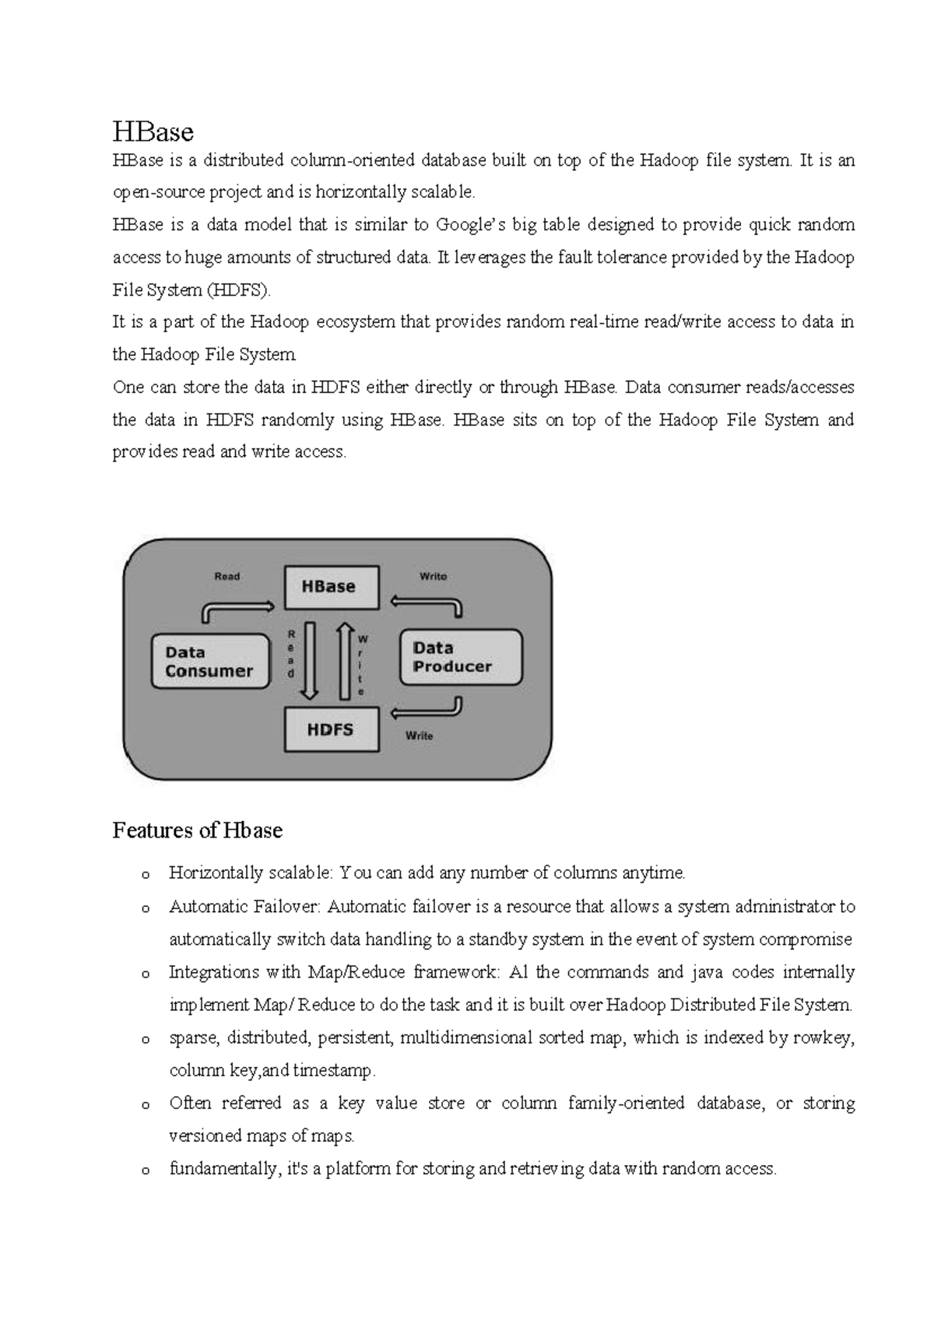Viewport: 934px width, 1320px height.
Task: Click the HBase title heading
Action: pyautogui.click(x=153, y=132)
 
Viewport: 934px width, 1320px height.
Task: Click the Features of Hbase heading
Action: pyautogui.click(x=197, y=830)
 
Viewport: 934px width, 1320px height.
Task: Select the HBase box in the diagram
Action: pyautogui.click(x=331, y=587)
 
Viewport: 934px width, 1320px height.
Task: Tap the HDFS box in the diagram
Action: pyautogui.click(x=331, y=729)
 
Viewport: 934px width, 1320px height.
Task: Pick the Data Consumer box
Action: pyautogui.click(x=209, y=662)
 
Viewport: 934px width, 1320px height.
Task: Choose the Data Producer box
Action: pyautogui.click(x=460, y=658)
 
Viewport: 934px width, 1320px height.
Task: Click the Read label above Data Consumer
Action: pyautogui.click(x=226, y=576)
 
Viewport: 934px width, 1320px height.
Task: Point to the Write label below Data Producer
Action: pyautogui.click(x=419, y=735)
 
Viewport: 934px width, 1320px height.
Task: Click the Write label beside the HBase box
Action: pyautogui.click(x=433, y=576)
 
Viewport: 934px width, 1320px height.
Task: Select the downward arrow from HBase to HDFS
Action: pyautogui.click(x=310, y=659)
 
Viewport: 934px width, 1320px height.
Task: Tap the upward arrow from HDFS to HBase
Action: pyautogui.click(x=345, y=659)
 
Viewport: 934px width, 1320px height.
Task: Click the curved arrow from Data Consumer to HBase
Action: pyautogui.click(x=233, y=608)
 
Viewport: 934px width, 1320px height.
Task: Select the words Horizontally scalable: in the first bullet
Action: pyautogui.click(x=251, y=873)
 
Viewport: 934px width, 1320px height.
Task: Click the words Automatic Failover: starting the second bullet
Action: pyautogui.click(x=244, y=907)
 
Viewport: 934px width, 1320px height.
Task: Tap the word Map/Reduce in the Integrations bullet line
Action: pyautogui.click(x=356, y=972)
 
